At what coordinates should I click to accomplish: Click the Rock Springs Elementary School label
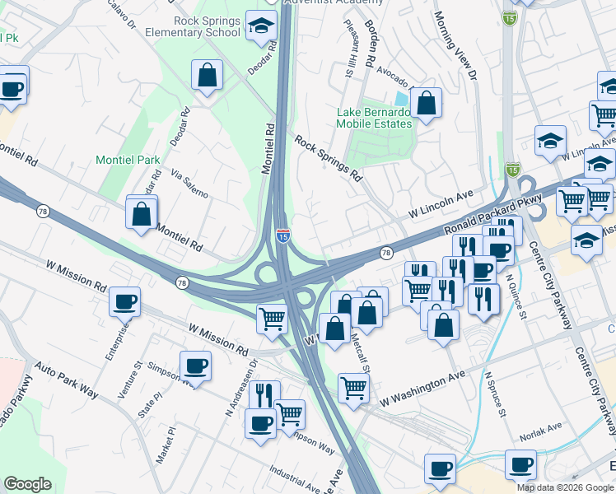click(x=207, y=26)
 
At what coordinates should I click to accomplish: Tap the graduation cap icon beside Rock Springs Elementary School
click(x=261, y=28)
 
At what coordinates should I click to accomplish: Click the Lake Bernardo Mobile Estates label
click(x=373, y=118)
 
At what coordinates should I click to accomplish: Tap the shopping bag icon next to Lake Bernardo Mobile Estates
click(x=426, y=104)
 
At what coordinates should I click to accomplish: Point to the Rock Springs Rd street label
click(x=329, y=159)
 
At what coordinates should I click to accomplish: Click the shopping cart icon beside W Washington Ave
click(x=353, y=387)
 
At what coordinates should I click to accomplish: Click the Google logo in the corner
click(x=27, y=484)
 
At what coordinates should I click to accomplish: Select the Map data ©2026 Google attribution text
click(x=565, y=487)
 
